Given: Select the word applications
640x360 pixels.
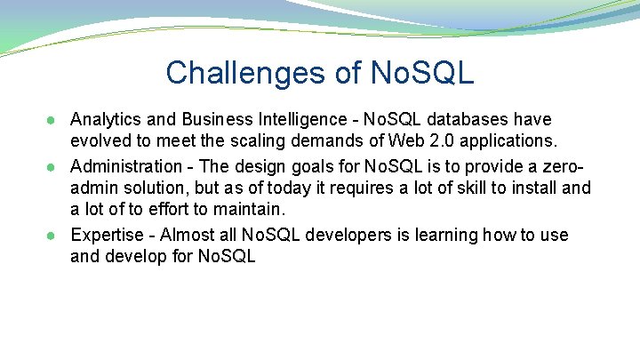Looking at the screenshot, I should click(511, 142).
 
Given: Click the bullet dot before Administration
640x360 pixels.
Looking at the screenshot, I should click(55, 166).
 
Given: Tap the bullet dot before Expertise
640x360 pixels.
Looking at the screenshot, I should click(55, 236).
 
